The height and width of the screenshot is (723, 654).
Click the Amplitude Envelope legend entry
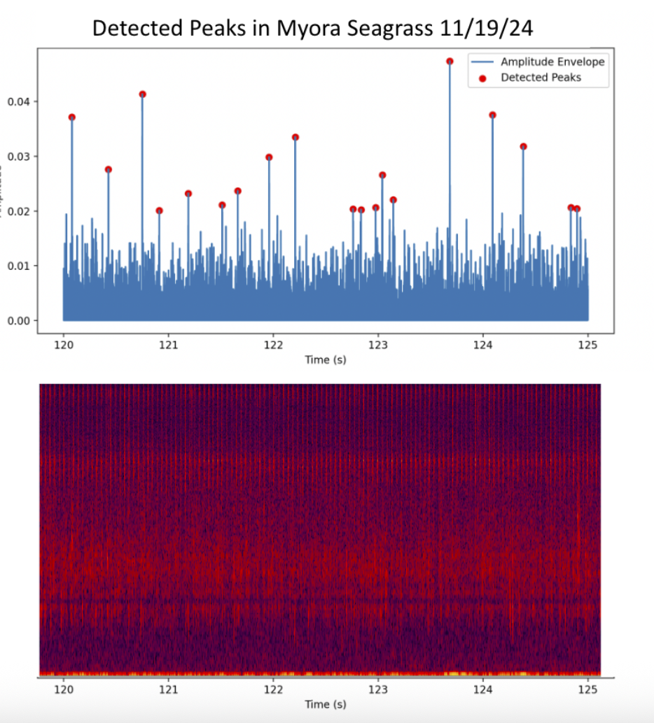pyautogui.click(x=552, y=62)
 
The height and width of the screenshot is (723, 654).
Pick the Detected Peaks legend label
pyautogui.click(x=541, y=78)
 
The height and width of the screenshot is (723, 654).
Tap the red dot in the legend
pyautogui.click(x=482, y=78)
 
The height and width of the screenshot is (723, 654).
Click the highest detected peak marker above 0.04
pyautogui.click(x=450, y=62)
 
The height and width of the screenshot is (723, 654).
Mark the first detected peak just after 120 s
pyautogui.click(x=72, y=117)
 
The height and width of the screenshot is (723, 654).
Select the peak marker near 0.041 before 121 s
pyautogui.click(x=143, y=94)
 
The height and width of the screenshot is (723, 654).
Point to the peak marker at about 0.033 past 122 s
pyautogui.click(x=295, y=137)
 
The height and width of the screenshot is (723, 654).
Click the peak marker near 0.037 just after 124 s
pyautogui.click(x=492, y=115)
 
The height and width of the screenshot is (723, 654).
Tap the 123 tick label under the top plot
pyautogui.click(x=378, y=345)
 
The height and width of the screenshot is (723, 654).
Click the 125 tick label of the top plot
pyautogui.click(x=587, y=345)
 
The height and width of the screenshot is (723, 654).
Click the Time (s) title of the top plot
pyautogui.click(x=325, y=359)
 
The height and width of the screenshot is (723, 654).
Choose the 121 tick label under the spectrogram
pyautogui.click(x=168, y=689)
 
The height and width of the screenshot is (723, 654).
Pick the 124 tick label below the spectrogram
pyautogui.click(x=482, y=689)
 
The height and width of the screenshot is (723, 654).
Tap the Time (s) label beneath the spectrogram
pyautogui.click(x=325, y=704)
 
